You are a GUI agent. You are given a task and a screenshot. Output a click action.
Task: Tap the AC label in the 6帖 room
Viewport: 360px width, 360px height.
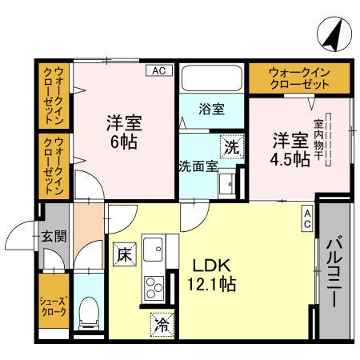159,71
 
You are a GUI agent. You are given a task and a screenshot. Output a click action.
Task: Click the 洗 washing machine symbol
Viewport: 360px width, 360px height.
230,147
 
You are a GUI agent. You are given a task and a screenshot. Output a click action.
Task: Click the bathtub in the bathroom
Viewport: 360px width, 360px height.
210,79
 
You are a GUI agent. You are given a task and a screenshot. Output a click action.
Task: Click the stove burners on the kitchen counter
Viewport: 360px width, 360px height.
154,286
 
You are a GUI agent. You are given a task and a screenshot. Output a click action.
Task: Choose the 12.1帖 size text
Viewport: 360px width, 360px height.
213,283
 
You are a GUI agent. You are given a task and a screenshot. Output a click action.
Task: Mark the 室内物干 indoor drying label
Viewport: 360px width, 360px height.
318,140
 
